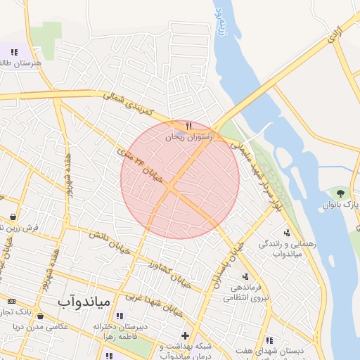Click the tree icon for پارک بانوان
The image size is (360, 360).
point(341,193)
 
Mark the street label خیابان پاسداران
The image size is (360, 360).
point(226,268)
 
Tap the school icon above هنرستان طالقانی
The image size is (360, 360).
point(13,51)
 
